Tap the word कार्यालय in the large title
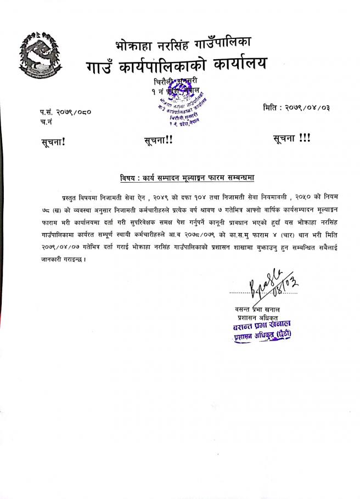tap(231, 64)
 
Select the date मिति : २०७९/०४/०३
tap(296, 107)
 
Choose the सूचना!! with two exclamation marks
tap(157, 140)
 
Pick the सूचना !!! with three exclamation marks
tap(291, 139)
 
